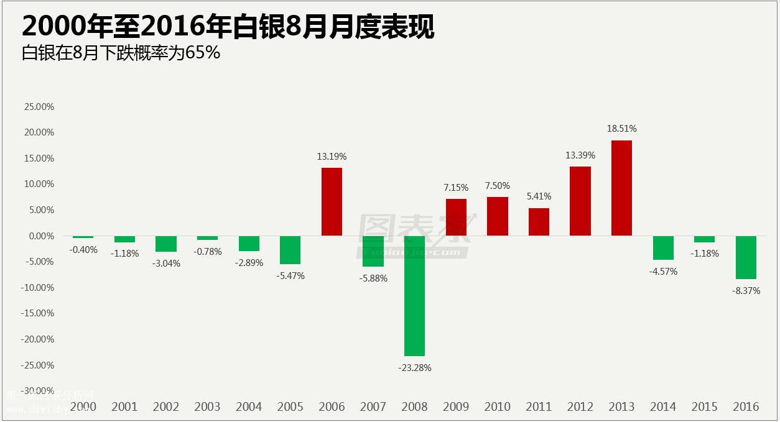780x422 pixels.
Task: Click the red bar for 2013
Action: (621, 188)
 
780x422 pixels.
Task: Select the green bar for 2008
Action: (414, 296)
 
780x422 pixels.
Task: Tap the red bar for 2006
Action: (332, 202)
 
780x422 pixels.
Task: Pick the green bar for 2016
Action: (746, 257)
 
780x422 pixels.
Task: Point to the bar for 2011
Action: (539, 222)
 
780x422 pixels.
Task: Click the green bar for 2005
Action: (290, 250)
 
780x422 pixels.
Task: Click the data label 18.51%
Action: (621, 129)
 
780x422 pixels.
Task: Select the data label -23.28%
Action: (414, 367)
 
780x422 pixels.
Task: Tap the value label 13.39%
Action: (580, 155)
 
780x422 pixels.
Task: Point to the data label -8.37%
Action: (746, 290)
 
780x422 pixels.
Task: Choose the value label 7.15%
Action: (456, 187)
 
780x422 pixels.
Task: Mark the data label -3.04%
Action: (166, 263)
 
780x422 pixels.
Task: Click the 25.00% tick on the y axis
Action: (39, 106)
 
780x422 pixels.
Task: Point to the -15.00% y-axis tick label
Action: (38, 313)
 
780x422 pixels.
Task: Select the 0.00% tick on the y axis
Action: (41, 236)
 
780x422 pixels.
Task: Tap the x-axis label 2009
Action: (456, 406)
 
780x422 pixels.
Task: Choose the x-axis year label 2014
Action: (663, 406)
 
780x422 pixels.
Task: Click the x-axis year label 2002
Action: (166, 406)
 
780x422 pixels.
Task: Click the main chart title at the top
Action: (228, 27)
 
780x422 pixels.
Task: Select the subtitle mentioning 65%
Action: (121, 53)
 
